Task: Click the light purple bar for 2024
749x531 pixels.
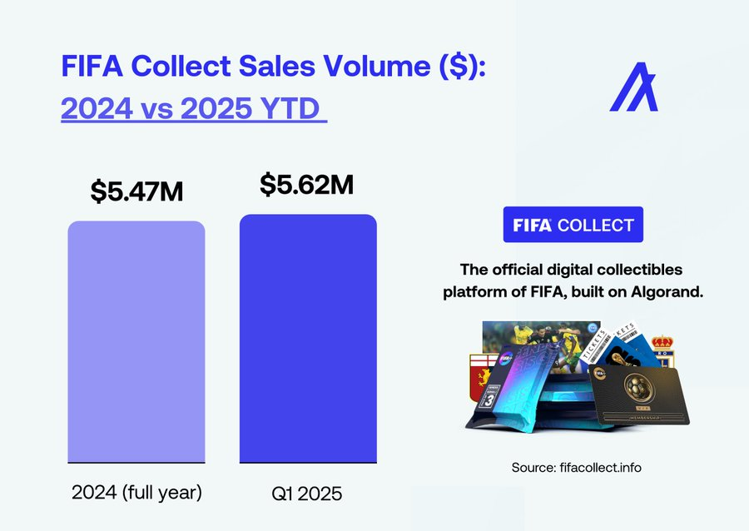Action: (x=136, y=341)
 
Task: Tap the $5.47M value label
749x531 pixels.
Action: (x=136, y=191)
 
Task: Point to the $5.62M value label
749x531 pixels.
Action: (x=306, y=185)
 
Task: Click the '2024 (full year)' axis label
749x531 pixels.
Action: (x=136, y=492)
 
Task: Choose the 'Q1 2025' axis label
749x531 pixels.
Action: (x=308, y=494)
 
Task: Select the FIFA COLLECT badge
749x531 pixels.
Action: (x=573, y=225)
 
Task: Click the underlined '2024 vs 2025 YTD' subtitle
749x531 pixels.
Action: (x=193, y=109)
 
